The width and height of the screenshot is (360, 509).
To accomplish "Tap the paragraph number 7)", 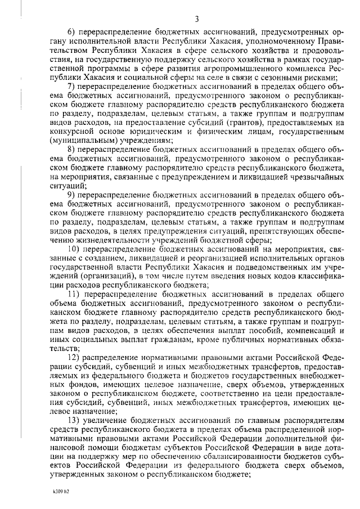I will (71, 86).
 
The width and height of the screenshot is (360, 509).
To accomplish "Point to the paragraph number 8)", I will (71, 148).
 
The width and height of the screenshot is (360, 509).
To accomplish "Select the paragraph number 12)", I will (74, 359).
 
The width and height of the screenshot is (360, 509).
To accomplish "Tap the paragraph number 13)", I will (74, 421).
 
